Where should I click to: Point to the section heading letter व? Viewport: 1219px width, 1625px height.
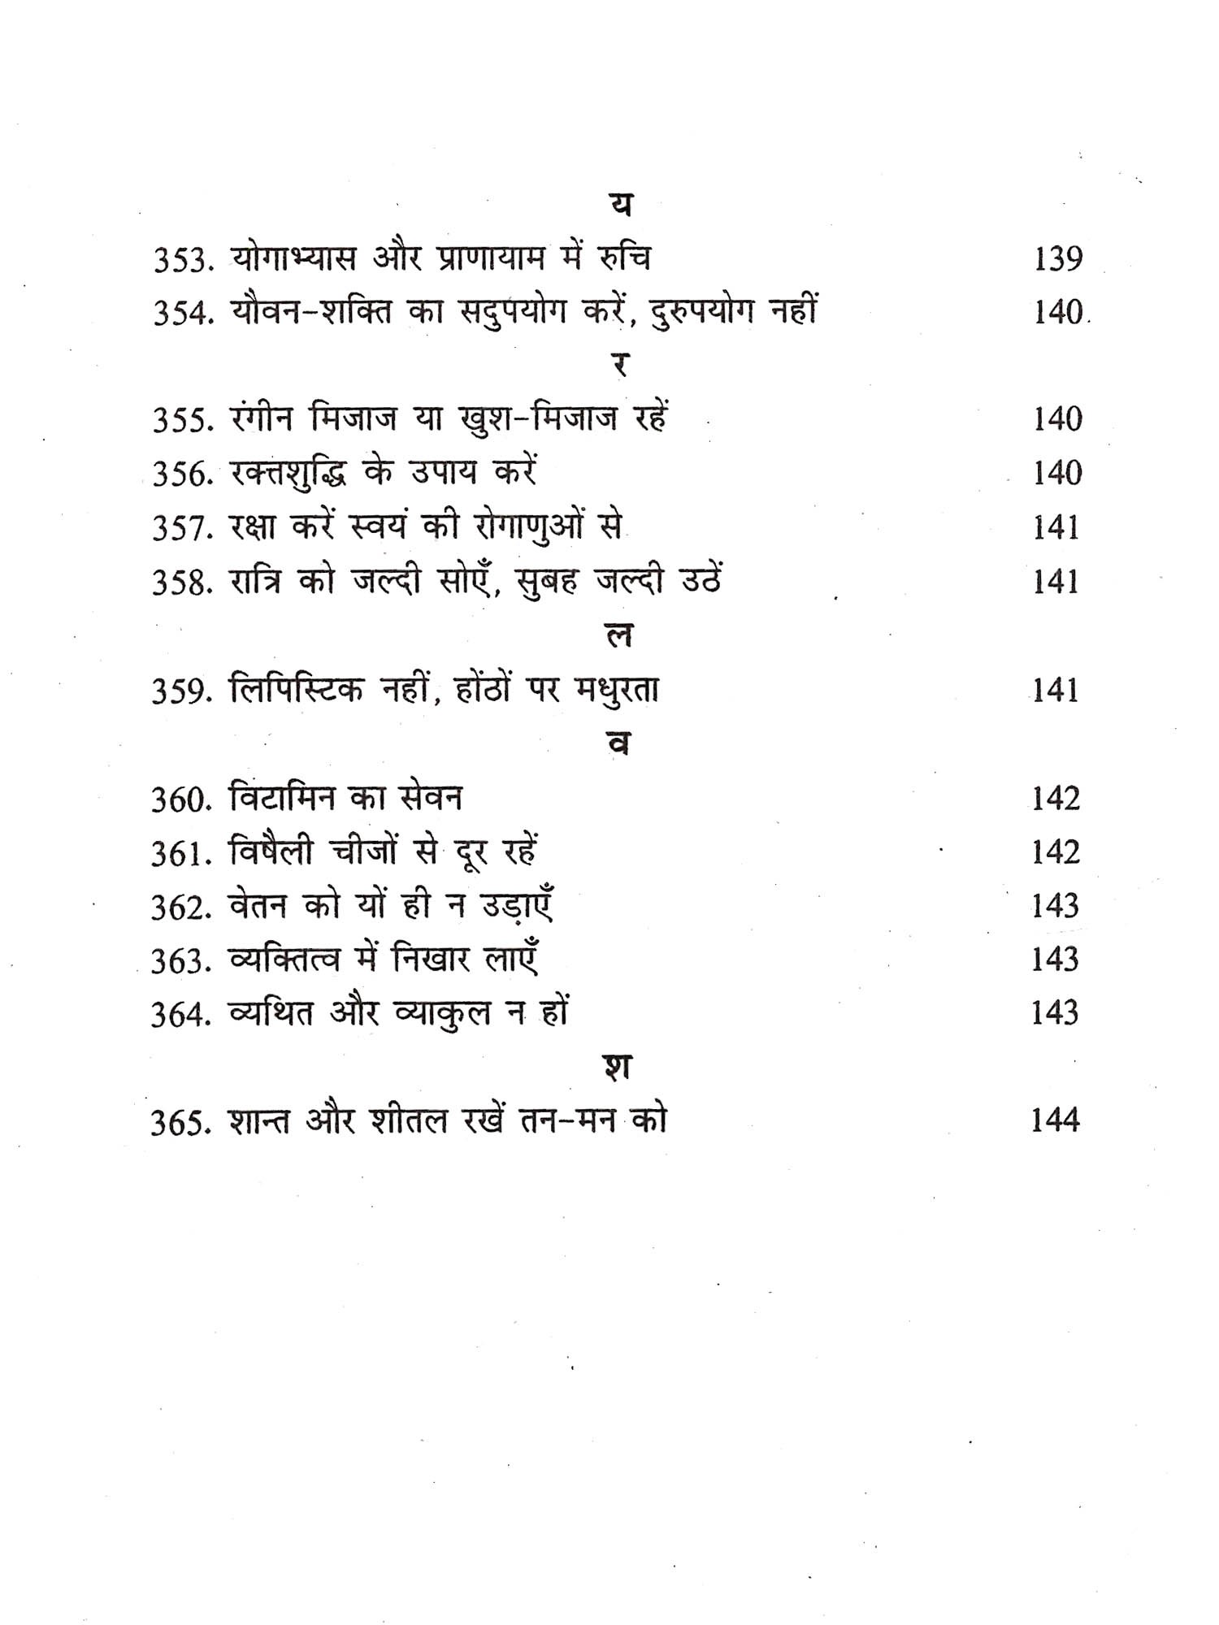click(x=619, y=744)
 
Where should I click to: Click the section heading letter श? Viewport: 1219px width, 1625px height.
click(x=619, y=1067)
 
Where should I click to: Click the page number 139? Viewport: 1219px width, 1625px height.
click(x=1058, y=260)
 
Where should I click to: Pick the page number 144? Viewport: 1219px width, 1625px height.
click(x=1055, y=1121)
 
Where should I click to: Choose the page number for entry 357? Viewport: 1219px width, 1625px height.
click(x=1056, y=529)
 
